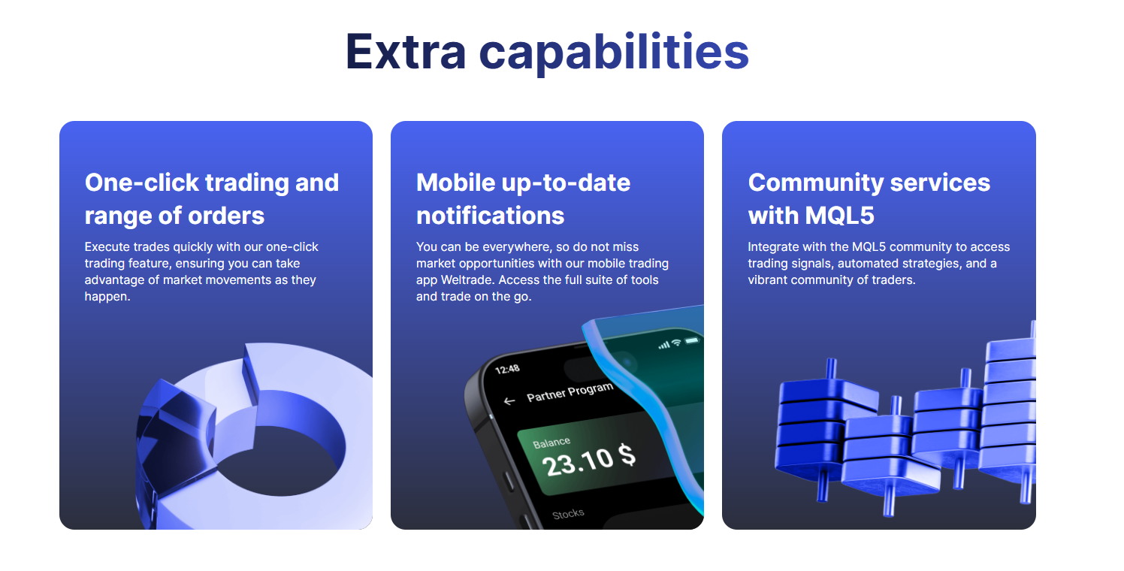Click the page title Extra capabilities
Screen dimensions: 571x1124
tap(546, 51)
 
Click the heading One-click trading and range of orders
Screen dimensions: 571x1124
tap(211, 198)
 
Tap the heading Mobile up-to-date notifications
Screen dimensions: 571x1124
tap(523, 198)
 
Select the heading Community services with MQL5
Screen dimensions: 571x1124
tap(869, 198)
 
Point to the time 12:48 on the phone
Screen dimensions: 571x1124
tap(508, 369)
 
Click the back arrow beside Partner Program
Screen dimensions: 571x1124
tap(509, 401)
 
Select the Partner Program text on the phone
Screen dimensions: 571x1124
tap(570, 391)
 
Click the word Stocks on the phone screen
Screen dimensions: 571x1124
tap(568, 515)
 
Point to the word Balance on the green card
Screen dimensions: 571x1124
tap(551, 443)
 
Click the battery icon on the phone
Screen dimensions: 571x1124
tap(691, 341)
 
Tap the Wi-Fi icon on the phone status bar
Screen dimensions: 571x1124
tap(676, 343)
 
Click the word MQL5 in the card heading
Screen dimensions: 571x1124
tap(839, 216)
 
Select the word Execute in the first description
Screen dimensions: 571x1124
tap(107, 246)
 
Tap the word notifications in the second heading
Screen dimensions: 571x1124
tap(490, 216)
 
